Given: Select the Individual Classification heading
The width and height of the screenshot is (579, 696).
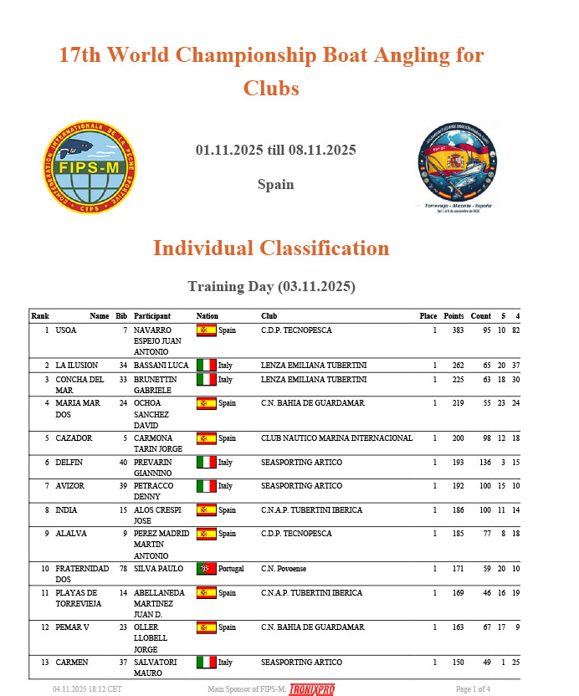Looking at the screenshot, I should click(270, 248).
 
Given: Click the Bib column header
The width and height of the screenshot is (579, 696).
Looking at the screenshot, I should click(121, 316).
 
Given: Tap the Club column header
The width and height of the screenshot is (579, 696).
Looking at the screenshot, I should click(269, 316).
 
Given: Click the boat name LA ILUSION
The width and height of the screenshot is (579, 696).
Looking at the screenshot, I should click(77, 366).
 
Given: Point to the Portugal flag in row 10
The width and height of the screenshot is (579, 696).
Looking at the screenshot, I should click(206, 569).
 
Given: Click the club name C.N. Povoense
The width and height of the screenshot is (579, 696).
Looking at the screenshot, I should click(284, 569).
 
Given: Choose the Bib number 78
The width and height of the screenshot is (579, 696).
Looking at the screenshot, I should click(122, 569).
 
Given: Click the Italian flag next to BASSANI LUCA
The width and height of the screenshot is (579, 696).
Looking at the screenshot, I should click(206, 366).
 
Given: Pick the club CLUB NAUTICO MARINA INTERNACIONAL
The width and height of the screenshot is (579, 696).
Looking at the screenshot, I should click(336, 438).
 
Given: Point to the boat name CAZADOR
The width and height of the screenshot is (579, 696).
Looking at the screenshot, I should click(74, 438).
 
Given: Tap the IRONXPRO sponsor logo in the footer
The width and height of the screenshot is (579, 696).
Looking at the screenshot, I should click(311, 689).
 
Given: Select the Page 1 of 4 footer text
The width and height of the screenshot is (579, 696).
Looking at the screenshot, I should click(473, 689).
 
